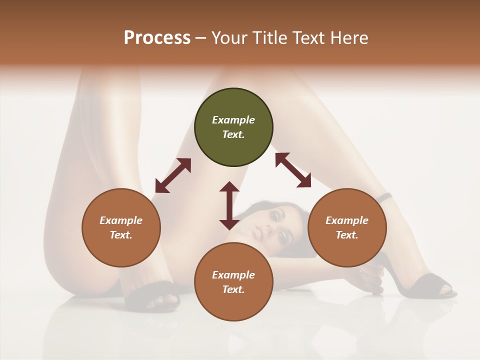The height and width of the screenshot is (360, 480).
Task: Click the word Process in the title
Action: tap(157, 38)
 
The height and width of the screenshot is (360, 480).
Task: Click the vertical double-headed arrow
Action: tap(229, 205)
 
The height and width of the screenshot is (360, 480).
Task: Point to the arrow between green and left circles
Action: tap(173, 175)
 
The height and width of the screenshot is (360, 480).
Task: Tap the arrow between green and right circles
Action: tap(293, 170)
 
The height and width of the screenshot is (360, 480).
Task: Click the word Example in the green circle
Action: tap(233, 120)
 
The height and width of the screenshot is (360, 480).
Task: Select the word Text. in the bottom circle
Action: tap(233, 289)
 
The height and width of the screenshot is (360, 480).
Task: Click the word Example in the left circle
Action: tap(121, 220)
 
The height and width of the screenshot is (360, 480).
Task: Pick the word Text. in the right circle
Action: tap(347, 235)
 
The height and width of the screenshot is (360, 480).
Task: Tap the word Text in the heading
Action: tap(307, 38)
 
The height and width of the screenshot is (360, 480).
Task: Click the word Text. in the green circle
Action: tap(233, 134)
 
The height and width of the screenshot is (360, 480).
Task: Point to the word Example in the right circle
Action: tap(347, 220)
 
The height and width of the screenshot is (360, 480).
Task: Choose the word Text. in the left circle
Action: tap(121, 235)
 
